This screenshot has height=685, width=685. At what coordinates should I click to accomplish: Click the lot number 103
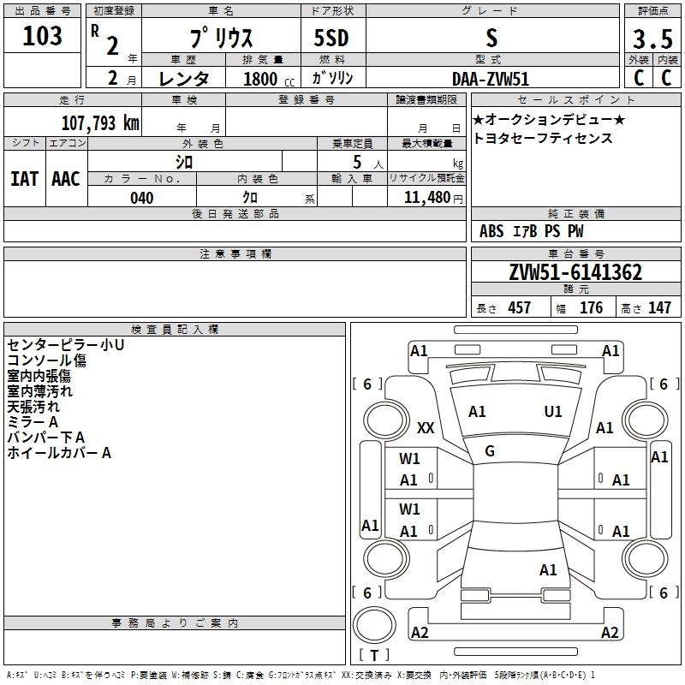point(43,36)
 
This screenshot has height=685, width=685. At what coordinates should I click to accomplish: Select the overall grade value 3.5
point(652,39)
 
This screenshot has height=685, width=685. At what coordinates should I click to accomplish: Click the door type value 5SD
point(331,39)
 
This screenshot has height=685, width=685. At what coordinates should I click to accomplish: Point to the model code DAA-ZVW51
point(490,77)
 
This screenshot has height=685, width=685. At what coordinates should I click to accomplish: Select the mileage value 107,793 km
point(100,122)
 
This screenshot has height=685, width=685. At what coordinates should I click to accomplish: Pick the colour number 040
point(142,198)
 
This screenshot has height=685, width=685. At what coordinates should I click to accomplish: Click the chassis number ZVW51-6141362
point(575,272)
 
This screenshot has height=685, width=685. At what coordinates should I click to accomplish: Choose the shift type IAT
point(24,179)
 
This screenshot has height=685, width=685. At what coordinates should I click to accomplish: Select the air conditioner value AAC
point(66,179)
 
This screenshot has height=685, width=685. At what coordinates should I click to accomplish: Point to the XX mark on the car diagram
point(426,427)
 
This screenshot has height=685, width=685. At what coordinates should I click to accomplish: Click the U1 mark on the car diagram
point(553,412)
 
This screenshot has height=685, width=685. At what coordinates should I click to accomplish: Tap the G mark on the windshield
point(490,451)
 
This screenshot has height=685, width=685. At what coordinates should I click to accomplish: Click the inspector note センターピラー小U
point(66,344)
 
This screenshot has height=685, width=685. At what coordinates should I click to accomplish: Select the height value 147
point(658,308)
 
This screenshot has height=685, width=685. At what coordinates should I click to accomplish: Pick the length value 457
point(519,308)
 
